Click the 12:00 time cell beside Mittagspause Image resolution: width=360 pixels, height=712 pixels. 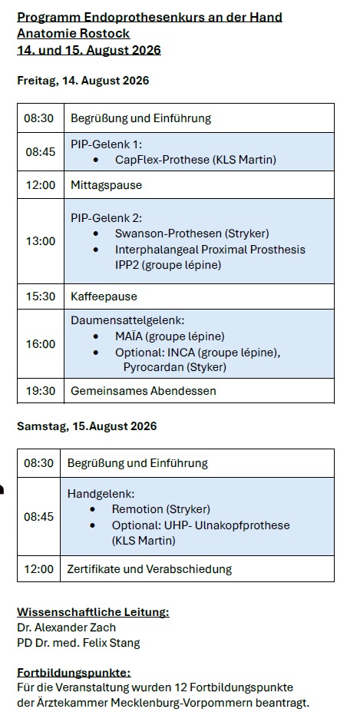coord(41,185)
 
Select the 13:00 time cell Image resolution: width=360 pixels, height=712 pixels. coord(41,241)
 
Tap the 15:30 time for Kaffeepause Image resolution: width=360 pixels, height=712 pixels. coord(41,296)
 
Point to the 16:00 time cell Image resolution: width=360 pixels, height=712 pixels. coord(41,344)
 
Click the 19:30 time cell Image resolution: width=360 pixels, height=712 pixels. coord(41,391)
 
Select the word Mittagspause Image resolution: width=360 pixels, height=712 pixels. coord(106,185)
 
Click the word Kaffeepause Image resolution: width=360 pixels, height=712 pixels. coord(104,296)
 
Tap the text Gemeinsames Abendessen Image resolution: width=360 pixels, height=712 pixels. coord(144,391)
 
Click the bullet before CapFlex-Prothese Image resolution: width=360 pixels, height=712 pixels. coord(95,160)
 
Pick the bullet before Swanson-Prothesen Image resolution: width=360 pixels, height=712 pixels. coord(95,233)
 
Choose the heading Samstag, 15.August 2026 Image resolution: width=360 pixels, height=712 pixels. coord(87,426)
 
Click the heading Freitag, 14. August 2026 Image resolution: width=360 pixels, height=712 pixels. coord(83,81)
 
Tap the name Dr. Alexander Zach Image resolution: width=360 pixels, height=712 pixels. coord(66,628)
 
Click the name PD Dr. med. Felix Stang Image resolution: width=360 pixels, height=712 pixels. coord(78,643)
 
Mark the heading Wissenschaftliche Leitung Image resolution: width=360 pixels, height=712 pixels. coord(93,612)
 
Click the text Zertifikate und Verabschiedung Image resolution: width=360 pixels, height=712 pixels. coord(150,569)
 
